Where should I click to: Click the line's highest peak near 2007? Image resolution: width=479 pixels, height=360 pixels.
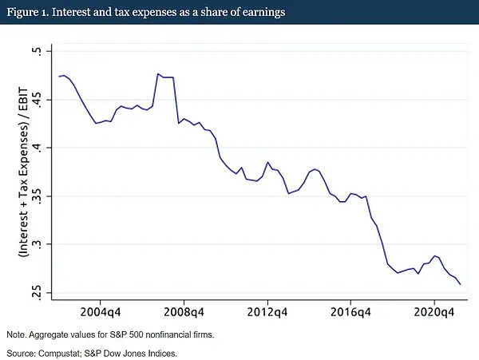(x=157, y=73)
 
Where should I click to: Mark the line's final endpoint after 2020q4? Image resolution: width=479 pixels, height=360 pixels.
(x=461, y=284)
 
